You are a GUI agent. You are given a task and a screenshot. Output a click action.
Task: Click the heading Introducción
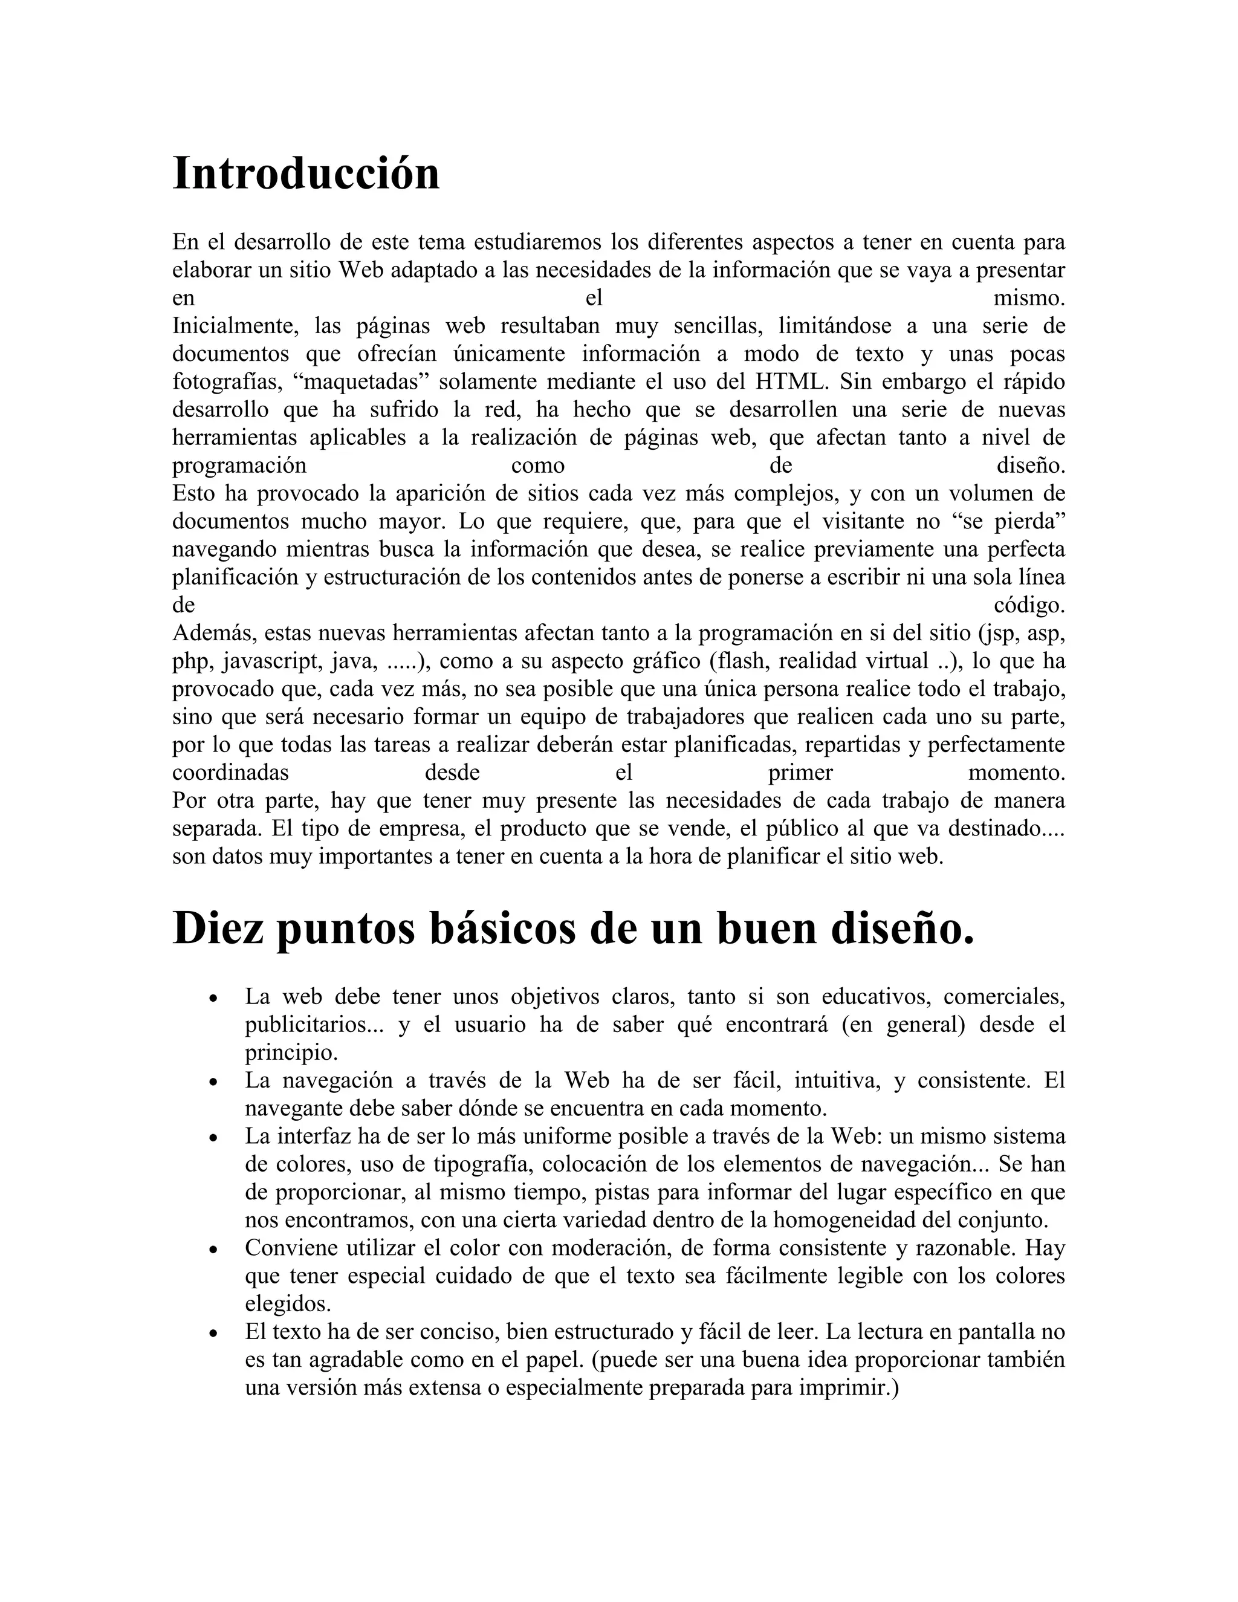click(306, 174)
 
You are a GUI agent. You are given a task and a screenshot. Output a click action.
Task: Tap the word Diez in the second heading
click(213, 928)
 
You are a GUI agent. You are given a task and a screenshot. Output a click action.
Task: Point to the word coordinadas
click(230, 773)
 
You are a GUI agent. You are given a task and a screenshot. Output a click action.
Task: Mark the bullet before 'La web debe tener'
click(213, 998)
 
